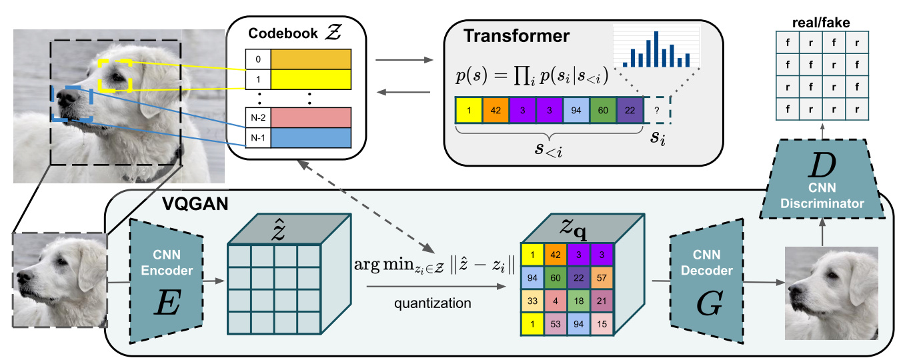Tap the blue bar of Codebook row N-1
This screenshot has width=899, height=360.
click(x=310, y=138)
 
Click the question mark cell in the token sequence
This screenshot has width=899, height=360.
click(x=657, y=110)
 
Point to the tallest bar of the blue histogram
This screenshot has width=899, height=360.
click(x=657, y=49)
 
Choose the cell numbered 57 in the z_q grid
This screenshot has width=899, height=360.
click(x=602, y=277)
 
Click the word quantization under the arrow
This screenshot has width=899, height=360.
click(x=432, y=303)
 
